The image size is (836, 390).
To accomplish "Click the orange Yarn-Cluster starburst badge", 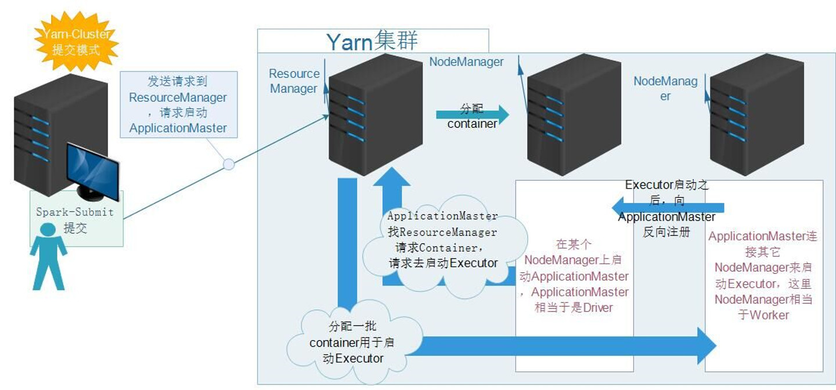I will tap(76, 42).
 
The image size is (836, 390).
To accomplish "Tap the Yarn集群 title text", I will tap(372, 42).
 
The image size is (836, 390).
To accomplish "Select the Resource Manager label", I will tap(294, 81).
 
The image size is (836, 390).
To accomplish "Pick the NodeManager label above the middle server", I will tap(466, 62).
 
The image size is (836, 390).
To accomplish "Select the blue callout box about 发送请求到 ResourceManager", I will tap(178, 104).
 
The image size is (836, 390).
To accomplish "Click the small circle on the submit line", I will tap(229, 164).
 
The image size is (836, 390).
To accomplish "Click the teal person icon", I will tap(48, 255).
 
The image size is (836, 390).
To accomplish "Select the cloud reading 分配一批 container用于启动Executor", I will tap(353, 342).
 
